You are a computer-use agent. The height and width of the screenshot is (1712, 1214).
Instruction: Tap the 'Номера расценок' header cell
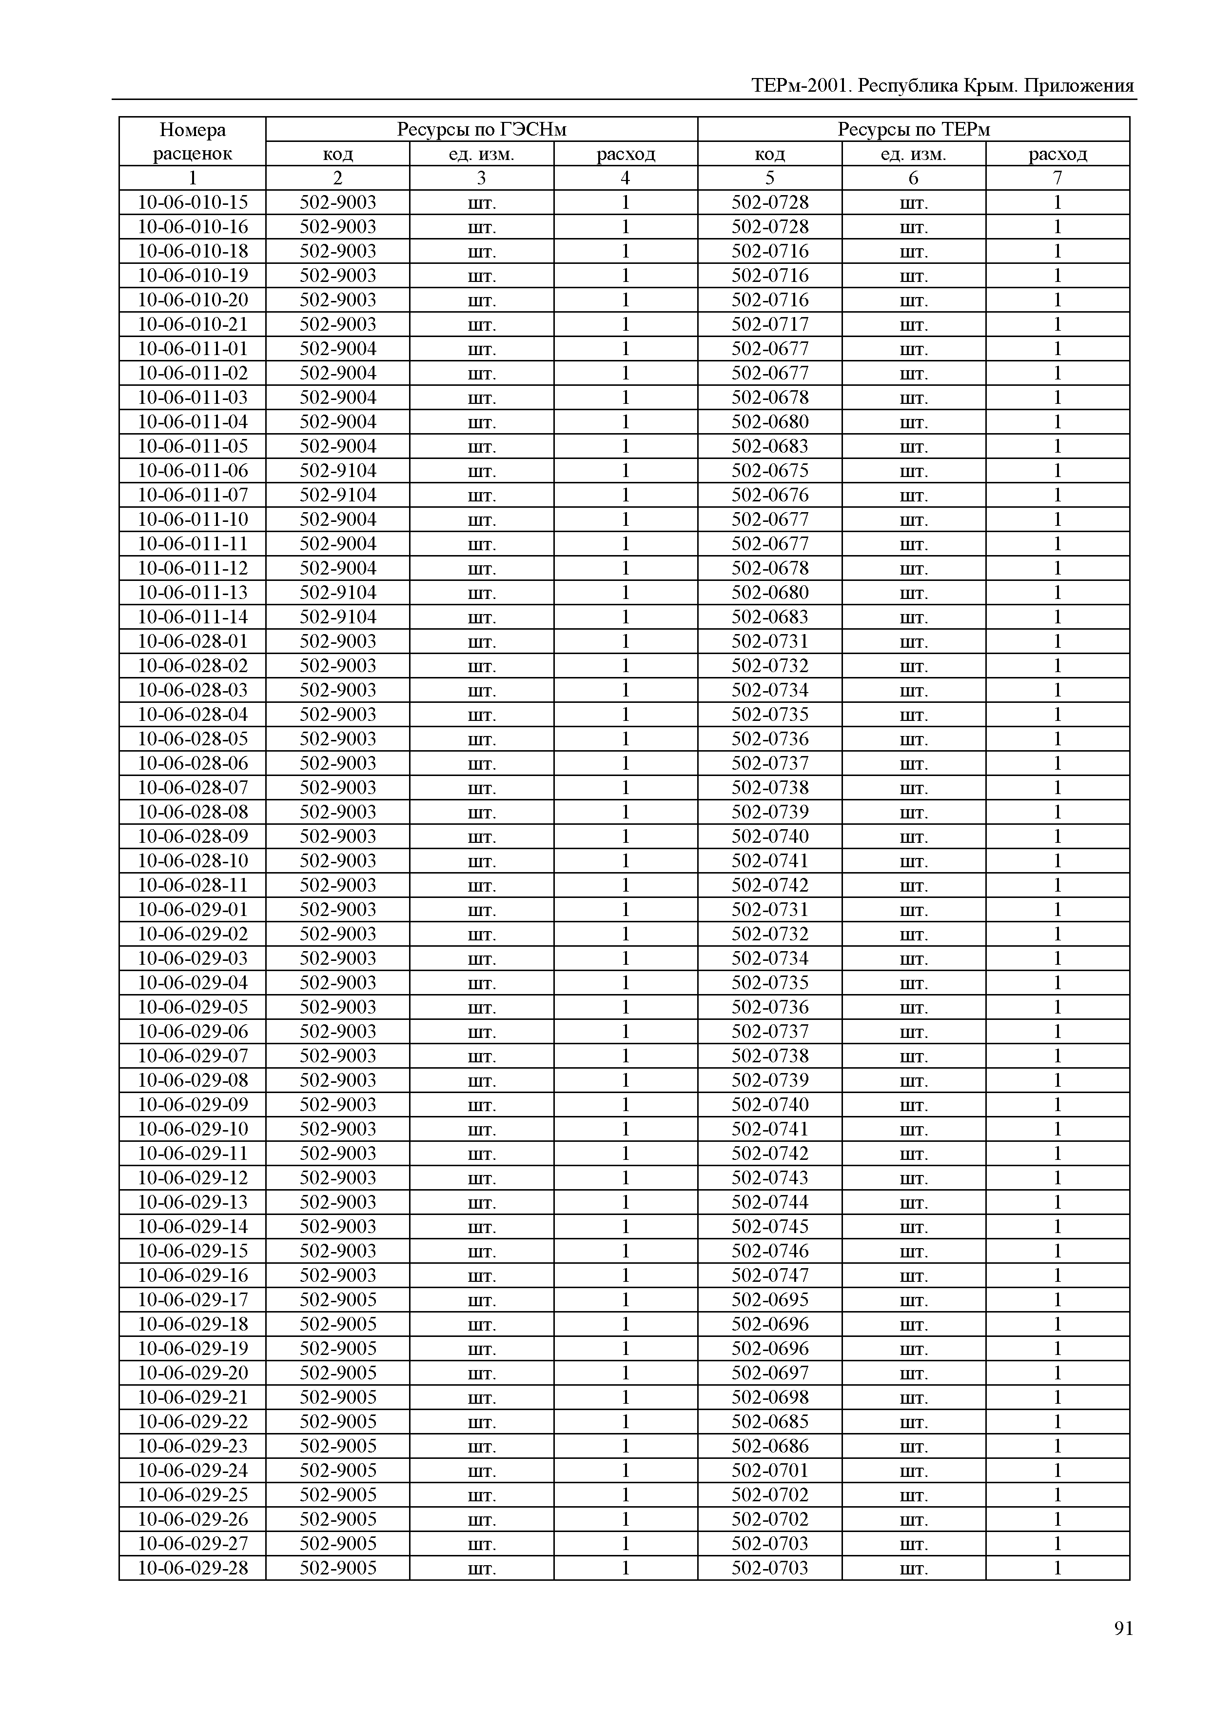[x=193, y=141]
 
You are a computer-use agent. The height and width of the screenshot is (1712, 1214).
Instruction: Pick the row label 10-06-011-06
[x=193, y=471]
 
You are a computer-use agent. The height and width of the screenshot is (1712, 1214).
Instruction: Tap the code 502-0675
[x=770, y=471]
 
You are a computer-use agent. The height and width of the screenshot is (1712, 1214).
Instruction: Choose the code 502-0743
[x=770, y=1178]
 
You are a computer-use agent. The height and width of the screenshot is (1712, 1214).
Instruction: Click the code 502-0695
[x=770, y=1300]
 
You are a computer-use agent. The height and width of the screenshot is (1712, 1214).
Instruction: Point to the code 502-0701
[x=770, y=1471]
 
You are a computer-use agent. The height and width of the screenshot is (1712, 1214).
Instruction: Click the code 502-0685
[x=770, y=1422]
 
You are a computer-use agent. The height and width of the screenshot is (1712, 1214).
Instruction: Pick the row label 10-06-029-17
[x=193, y=1300]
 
